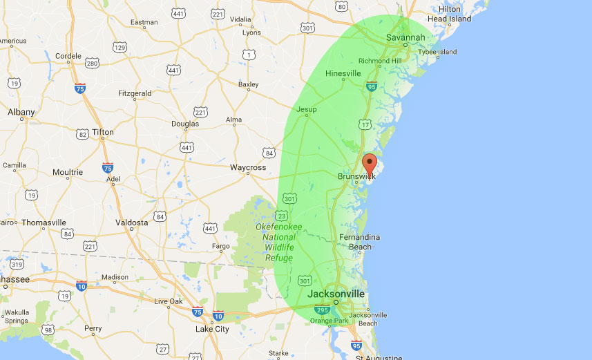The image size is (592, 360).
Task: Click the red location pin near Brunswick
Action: (370, 164)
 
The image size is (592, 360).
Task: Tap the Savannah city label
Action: (405, 37)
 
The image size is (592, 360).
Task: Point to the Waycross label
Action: (248, 167)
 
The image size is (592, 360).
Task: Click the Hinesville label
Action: (343, 73)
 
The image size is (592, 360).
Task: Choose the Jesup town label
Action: (306, 109)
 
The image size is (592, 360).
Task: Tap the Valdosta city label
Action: (131, 222)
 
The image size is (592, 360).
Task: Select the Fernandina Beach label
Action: (359, 242)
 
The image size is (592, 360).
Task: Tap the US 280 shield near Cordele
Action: (92, 64)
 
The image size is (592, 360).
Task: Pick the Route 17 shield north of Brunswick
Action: (364, 124)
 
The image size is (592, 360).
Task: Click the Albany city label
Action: (21, 111)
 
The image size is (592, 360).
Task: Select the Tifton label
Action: (103, 132)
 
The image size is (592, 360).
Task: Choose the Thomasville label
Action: (44, 222)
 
